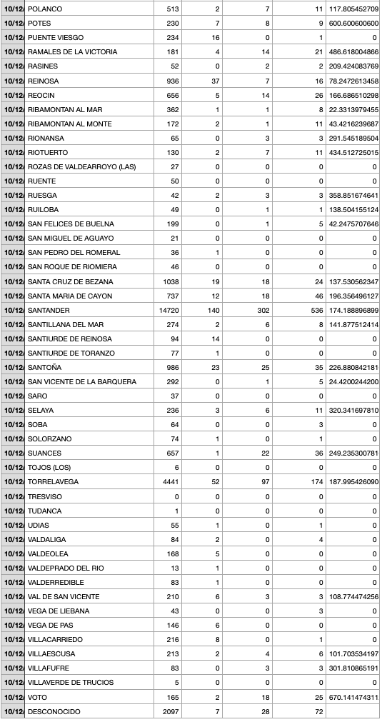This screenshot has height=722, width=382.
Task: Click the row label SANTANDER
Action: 49,310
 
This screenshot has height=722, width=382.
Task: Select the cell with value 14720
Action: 169,310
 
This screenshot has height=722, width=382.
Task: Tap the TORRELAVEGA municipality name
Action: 53,482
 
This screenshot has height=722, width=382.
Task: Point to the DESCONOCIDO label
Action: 54,711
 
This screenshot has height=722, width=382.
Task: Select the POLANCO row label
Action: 44,9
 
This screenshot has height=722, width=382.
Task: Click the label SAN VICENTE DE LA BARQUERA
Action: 81,381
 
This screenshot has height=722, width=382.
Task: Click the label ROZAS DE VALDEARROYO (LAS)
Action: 80,166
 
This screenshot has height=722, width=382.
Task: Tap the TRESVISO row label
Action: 44,496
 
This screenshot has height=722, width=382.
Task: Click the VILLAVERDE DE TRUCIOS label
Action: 70,683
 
